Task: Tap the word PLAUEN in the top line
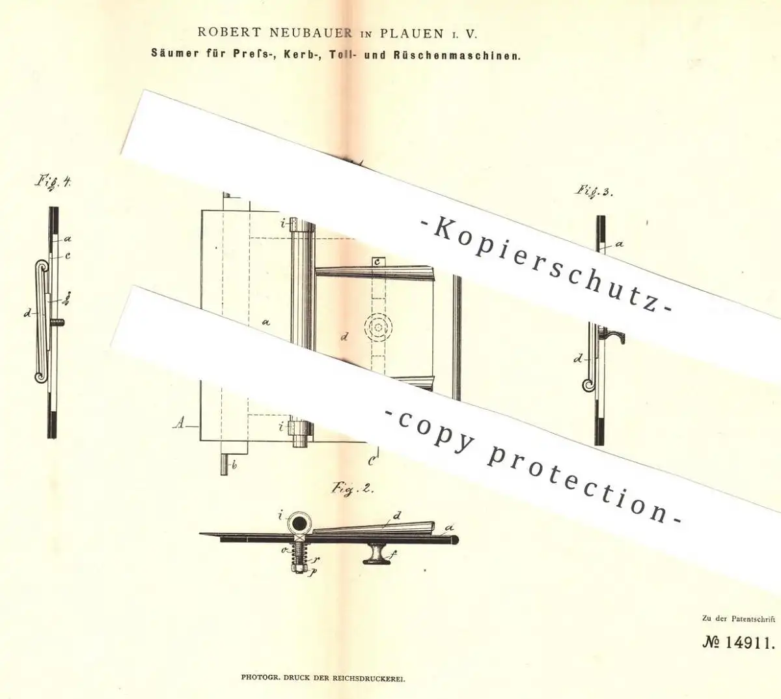(x=412, y=34)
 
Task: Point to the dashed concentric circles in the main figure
(x=377, y=327)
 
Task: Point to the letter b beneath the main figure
(x=234, y=466)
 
